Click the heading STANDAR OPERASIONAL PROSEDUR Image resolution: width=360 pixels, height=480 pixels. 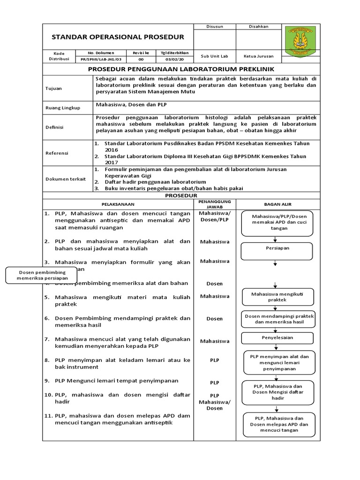coord(118,37)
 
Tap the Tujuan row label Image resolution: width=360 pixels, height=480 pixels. coord(53,88)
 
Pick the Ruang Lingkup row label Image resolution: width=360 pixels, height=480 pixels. coord(62,108)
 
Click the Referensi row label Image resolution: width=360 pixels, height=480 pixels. coord(57,153)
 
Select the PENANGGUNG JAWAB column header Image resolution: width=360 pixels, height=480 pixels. coord(215,204)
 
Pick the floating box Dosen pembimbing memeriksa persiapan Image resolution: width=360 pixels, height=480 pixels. coord(42,275)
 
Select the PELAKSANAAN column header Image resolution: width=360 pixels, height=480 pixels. coord(118,204)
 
